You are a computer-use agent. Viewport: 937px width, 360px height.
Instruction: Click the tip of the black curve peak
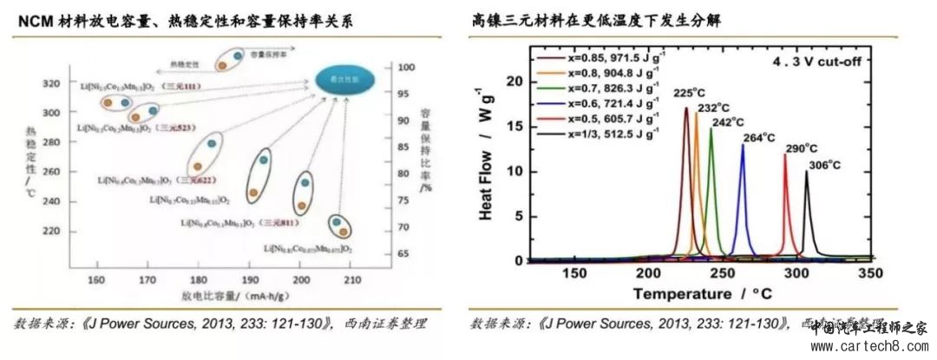[x=806, y=171]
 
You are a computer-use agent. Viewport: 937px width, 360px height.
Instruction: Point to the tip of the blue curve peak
[x=743, y=145]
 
